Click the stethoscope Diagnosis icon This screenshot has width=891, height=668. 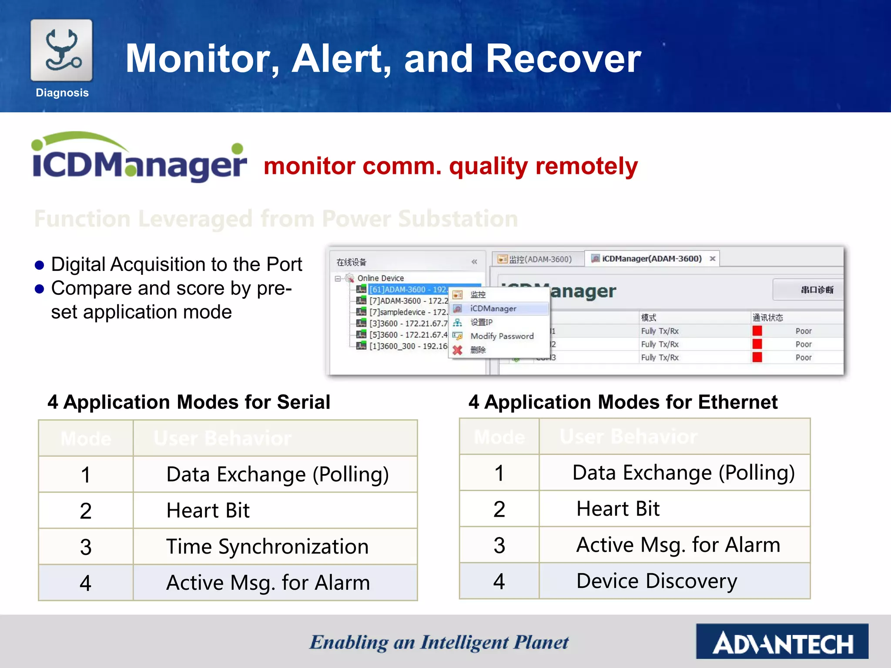[x=61, y=50]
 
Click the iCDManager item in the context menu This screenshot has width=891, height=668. [x=493, y=308]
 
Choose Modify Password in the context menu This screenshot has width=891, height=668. [x=502, y=336]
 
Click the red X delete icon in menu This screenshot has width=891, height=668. [x=457, y=350]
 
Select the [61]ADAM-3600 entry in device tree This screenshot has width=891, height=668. [x=408, y=290]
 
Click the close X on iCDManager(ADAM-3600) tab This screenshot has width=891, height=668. [x=713, y=259]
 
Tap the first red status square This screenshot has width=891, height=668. [x=757, y=331]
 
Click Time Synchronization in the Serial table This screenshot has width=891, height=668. [x=267, y=547]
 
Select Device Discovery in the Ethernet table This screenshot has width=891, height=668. [x=657, y=581]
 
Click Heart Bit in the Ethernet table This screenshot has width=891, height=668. [x=618, y=509]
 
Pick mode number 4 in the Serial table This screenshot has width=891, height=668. [x=86, y=583]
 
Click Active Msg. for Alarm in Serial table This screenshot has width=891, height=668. [x=268, y=583]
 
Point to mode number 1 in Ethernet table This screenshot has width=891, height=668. [x=499, y=473]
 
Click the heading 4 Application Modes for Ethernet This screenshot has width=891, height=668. [x=623, y=402]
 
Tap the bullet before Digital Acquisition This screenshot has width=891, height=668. [x=40, y=265]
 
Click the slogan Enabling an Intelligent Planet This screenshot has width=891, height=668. [x=439, y=643]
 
